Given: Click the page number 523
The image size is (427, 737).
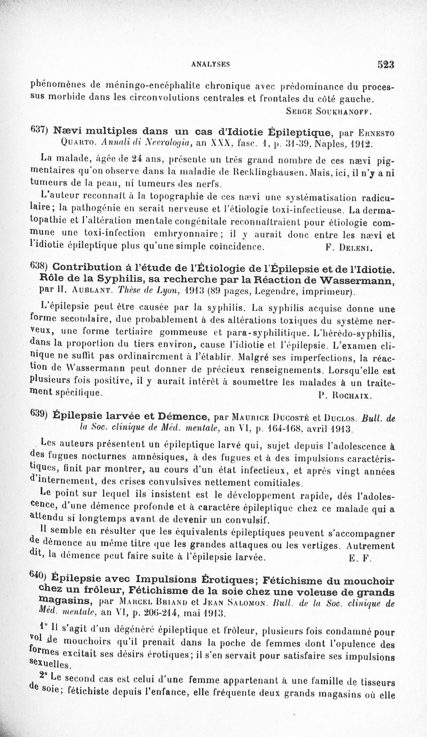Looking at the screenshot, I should tap(385, 64).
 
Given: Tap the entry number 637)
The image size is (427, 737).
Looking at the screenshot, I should tap(41, 131).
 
